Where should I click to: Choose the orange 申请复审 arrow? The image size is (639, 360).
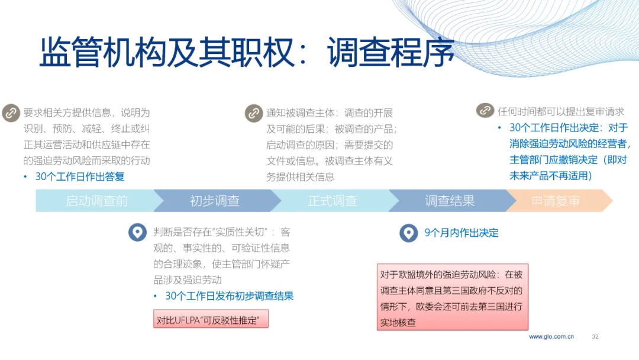click(x=559, y=201)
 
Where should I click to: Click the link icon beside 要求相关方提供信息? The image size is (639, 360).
click(x=11, y=113)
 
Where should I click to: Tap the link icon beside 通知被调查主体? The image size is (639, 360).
click(x=254, y=113)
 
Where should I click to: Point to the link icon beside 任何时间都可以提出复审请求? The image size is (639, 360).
click(x=485, y=110)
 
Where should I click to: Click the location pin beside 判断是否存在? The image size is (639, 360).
click(x=137, y=232)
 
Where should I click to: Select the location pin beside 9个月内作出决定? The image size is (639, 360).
click(x=408, y=233)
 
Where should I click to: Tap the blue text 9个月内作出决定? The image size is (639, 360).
click(x=461, y=233)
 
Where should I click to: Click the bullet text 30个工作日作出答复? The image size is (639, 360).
click(x=80, y=176)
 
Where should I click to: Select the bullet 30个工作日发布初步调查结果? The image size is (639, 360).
click(x=230, y=296)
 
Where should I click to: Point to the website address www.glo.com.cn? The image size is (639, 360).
click(x=551, y=336)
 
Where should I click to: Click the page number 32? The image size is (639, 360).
click(x=595, y=336)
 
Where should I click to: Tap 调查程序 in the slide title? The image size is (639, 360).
click(x=390, y=52)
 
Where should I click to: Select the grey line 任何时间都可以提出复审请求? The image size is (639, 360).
click(x=561, y=111)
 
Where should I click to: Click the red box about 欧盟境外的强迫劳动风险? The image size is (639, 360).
click(x=453, y=297)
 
